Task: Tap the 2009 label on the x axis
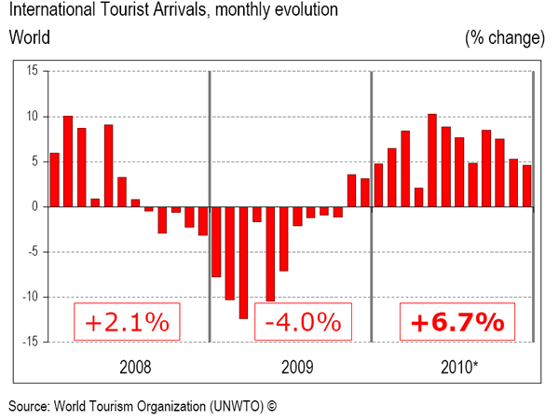[291, 365]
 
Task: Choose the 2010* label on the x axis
[456, 365]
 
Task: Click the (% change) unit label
[504, 38]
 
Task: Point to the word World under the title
[30, 38]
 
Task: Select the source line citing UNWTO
[144, 406]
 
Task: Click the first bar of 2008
[54, 179]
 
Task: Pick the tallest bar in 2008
[68, 161]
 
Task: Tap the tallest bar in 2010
[432, 160]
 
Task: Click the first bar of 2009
[216, 242]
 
